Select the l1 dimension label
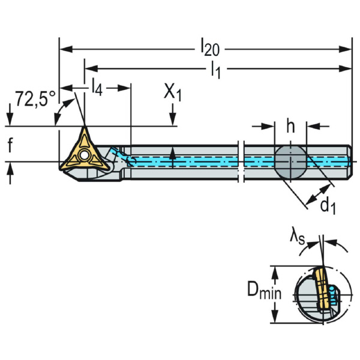[215, 70]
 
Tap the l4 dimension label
[97, 89]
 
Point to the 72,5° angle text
[35, 99]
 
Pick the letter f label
[10, 145]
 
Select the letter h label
[290, 127]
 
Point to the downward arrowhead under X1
[173, 121]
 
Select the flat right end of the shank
[350, 161]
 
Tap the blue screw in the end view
[335, 295]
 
